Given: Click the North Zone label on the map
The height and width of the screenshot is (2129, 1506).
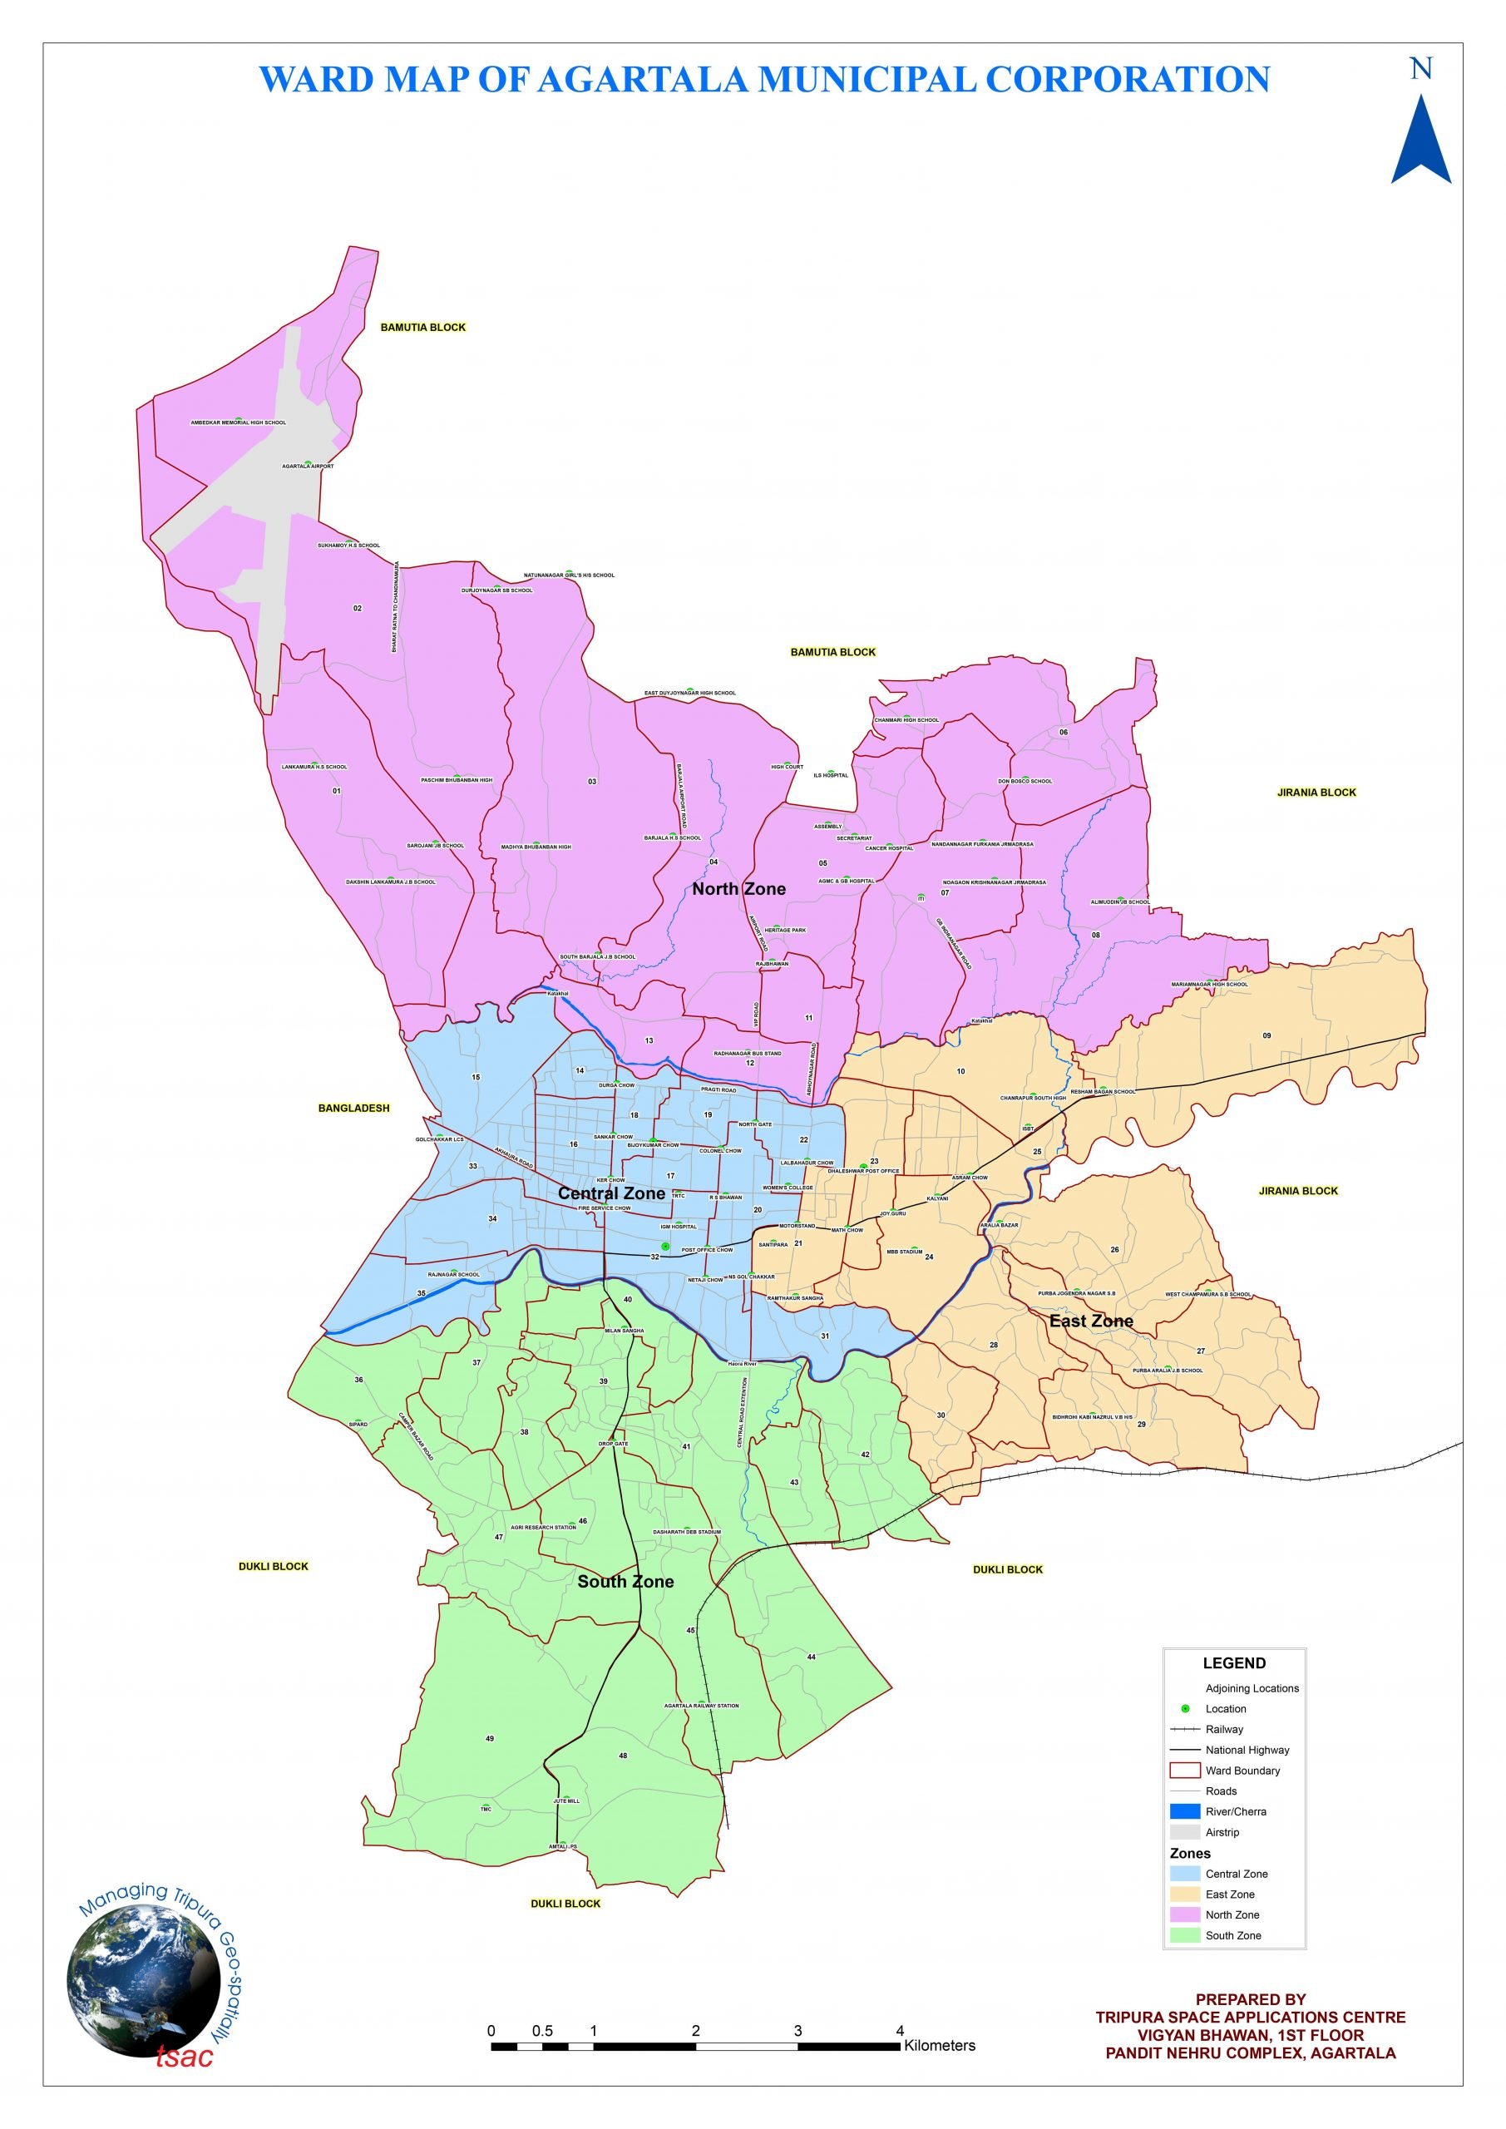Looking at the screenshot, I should click(x=738, y=888).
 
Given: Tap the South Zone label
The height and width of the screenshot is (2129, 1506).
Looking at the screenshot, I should click(x=625, y=1581).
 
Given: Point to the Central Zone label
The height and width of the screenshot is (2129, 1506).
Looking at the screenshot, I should click(x=611, y=1193).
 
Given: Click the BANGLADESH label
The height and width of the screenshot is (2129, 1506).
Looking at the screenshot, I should click(x=353, y=1108).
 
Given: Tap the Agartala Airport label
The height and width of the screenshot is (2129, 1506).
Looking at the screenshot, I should click(x=308, y=467).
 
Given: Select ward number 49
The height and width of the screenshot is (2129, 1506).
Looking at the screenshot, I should click(x=490, y=1739).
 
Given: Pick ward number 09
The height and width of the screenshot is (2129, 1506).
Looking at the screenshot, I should click(x=1267, y=1035).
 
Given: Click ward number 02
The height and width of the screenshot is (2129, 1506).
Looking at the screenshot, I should click(x=357, y=608).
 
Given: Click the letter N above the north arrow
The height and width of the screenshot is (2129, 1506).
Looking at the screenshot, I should click(x=1420, y=69).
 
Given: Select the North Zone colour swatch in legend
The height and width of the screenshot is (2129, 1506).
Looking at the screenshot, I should click(x=1184, y=1914).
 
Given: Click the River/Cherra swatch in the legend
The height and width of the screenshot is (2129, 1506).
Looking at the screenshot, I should click(x=1184, y=1811).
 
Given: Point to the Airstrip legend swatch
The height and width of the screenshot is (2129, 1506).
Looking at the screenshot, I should click(x=1184, y=1832).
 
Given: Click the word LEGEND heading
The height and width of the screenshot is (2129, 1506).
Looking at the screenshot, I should click(x=1233, y=1663).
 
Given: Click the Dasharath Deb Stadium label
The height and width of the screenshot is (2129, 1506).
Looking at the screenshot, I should click(x=686, y=1532).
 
